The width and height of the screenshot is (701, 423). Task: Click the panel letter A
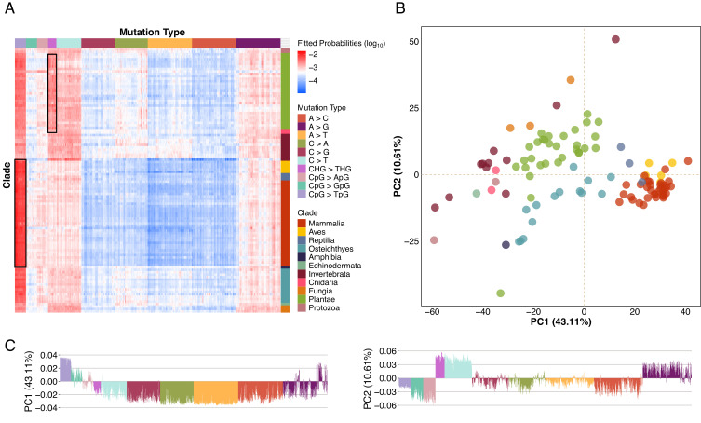9,8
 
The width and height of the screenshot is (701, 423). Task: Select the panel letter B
400,8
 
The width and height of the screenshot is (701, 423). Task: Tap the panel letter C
10,345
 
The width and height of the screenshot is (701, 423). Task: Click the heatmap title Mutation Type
152,33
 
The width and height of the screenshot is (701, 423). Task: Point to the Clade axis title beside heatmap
7,175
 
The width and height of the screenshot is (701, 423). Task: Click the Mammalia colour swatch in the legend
302,224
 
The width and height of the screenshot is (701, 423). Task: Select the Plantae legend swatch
302,299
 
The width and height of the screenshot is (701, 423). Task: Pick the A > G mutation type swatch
302,127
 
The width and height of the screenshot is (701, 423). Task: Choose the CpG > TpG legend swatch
302,195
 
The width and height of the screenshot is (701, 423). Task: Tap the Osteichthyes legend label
330,249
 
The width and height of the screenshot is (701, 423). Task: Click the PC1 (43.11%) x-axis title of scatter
560,321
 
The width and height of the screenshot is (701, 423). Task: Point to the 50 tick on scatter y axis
413,42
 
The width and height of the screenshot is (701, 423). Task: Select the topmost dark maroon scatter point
615,39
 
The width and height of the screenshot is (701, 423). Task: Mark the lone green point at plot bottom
500,293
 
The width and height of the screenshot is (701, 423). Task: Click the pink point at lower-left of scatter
434,240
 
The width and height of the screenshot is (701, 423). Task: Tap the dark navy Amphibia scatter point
506,245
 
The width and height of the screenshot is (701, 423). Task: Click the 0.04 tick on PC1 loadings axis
48,355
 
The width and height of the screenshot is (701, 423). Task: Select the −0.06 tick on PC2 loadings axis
384,405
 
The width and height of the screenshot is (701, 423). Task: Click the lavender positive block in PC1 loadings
65,369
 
